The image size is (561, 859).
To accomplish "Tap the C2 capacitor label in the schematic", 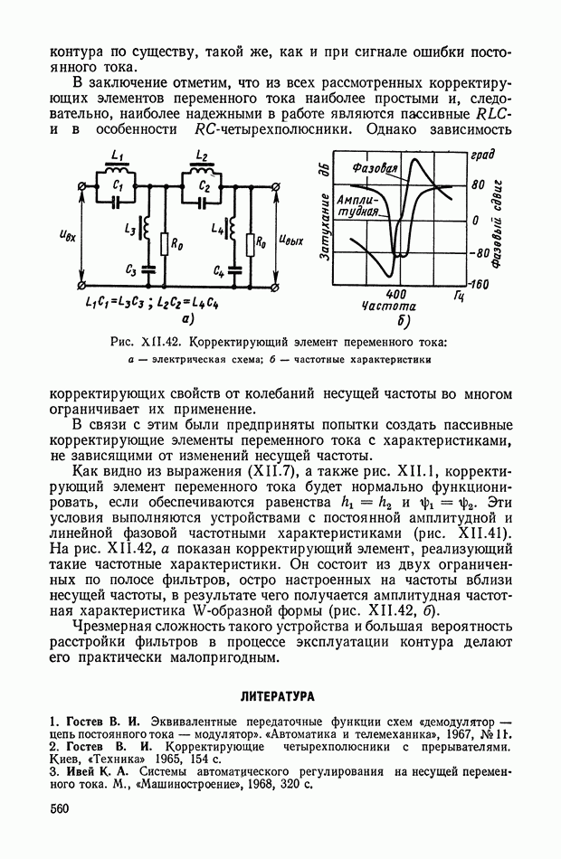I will click(205, 188).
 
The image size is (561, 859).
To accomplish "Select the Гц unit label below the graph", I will click(459, 295).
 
